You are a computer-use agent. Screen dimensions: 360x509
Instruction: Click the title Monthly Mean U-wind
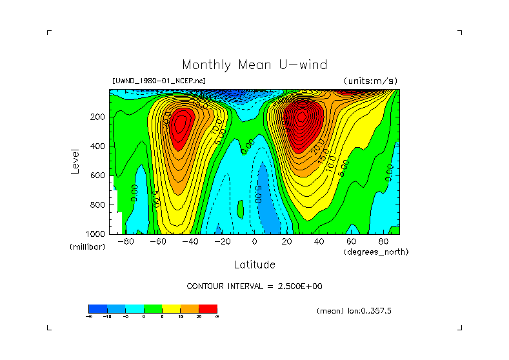pos(254,65)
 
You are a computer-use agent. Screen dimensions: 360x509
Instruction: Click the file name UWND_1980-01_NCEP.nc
pos(159,81)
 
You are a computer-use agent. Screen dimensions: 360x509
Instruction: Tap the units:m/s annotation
pos(370,81)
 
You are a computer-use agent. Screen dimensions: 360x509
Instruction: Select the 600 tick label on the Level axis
pos(98,175)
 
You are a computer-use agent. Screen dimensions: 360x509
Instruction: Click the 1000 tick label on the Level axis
pos(96,234)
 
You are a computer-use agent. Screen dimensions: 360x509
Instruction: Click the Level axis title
pos(75,161)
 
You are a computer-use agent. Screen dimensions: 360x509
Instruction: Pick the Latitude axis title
pos(254,265)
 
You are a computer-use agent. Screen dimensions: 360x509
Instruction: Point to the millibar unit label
pos(87,247)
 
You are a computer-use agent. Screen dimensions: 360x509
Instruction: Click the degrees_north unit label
pos(376,252)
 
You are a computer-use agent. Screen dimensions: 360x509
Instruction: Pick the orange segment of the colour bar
pos(190,308)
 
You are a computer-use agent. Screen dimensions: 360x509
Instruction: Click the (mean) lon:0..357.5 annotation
pos(354,310)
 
